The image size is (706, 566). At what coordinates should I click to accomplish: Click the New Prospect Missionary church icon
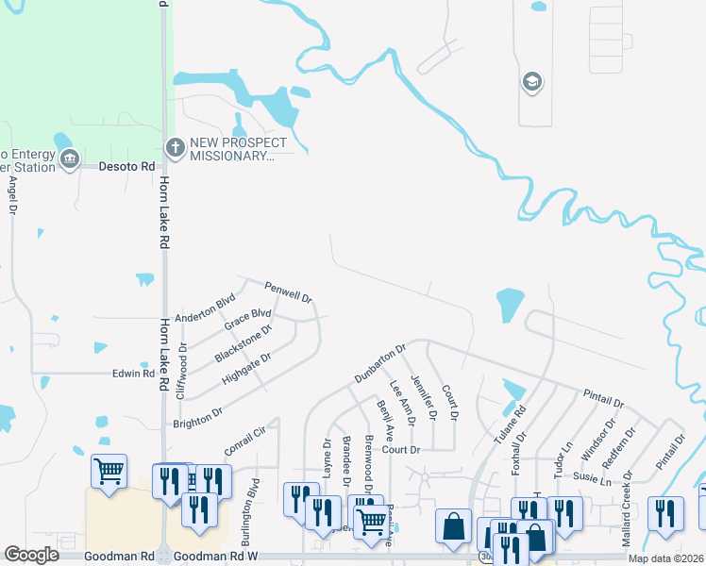[x=175, y=147]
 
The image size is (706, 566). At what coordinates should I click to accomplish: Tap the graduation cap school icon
[x=531, y=82]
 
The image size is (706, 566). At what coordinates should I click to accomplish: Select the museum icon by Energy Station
[x=68, y=161]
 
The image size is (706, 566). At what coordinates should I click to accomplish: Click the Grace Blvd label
[x=247, y=321]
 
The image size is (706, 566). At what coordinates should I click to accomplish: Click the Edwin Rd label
[x=133, y=374]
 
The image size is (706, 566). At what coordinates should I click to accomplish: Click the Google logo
[x=32, y=555]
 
